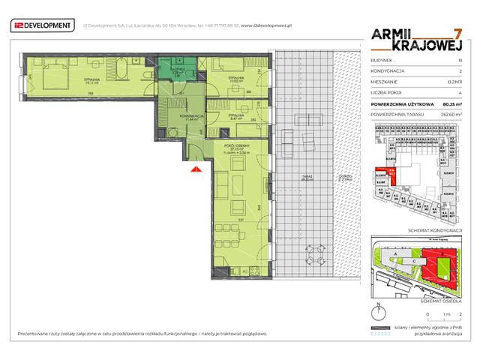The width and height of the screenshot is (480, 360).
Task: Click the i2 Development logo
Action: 41,26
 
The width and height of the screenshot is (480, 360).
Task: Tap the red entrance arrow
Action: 195,171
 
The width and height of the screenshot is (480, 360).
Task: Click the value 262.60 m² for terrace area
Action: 449,114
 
